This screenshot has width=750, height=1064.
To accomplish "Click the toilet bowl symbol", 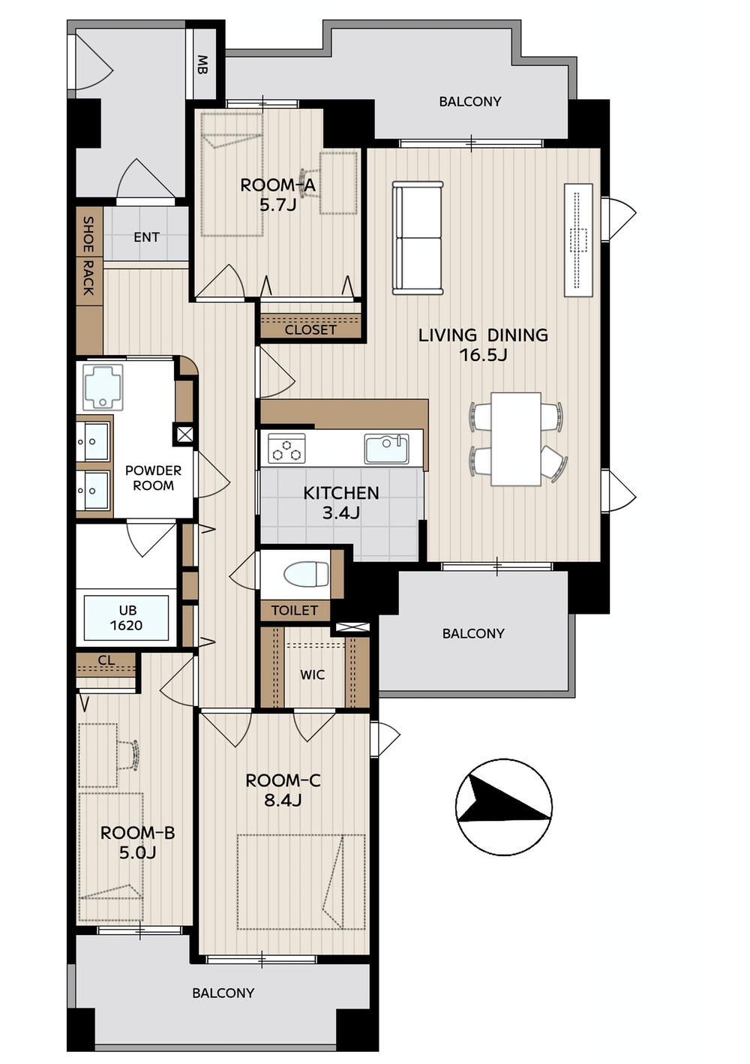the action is click(x=306, y=574).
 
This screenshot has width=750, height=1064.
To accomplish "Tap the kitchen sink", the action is click(x=386, y=449).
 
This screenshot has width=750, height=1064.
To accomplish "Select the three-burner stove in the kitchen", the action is click(x=286, y=449).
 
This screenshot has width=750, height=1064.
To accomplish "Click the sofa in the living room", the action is click(x=417, y=238).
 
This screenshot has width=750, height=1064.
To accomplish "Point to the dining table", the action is click(x=516, y=439).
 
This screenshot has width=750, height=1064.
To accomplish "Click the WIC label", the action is click(x=313, y=675).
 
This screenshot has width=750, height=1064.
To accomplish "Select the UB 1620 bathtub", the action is click(x=126, y=618).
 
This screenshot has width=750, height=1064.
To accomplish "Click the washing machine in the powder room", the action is click(x=103, y=386).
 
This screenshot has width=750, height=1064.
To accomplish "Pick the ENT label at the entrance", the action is click(x=146, y=237).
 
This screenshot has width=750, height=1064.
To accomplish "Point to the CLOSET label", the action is click(x=310, y=329).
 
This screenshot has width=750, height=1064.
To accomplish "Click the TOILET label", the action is click(x=294, y=610).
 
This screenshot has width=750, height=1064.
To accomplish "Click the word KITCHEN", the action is click(x=341, y=493).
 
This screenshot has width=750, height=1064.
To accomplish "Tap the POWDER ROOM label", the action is click(x=153, y=478).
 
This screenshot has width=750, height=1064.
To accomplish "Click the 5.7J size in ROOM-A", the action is click(x=277, y=205).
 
